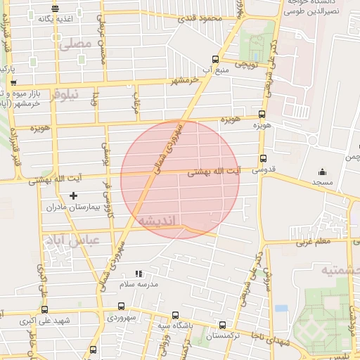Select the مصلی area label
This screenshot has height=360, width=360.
pyautogui.click(x=77, y=44)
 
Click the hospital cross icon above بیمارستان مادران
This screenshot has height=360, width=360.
pyautogui.click(x=73, y=195)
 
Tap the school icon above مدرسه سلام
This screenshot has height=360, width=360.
pyautogui.click(x=138, y=274)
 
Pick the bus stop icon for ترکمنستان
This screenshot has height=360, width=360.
pyautogui.click(x=222, y=325)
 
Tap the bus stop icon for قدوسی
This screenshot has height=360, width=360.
pyautogui.click(x=263, y=158)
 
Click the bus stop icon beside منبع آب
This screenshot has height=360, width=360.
pyautogui.click(x=214, y=59)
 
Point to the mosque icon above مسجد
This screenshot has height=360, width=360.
pyautogui.click(x=323, y=172)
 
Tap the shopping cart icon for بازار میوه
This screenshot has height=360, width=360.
pyautogui.click(x=13, y=83)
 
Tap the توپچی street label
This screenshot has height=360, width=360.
pyautogui.click(x=246, y=65)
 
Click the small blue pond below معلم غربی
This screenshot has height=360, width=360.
pyautogui.click(x=281, y=308)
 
